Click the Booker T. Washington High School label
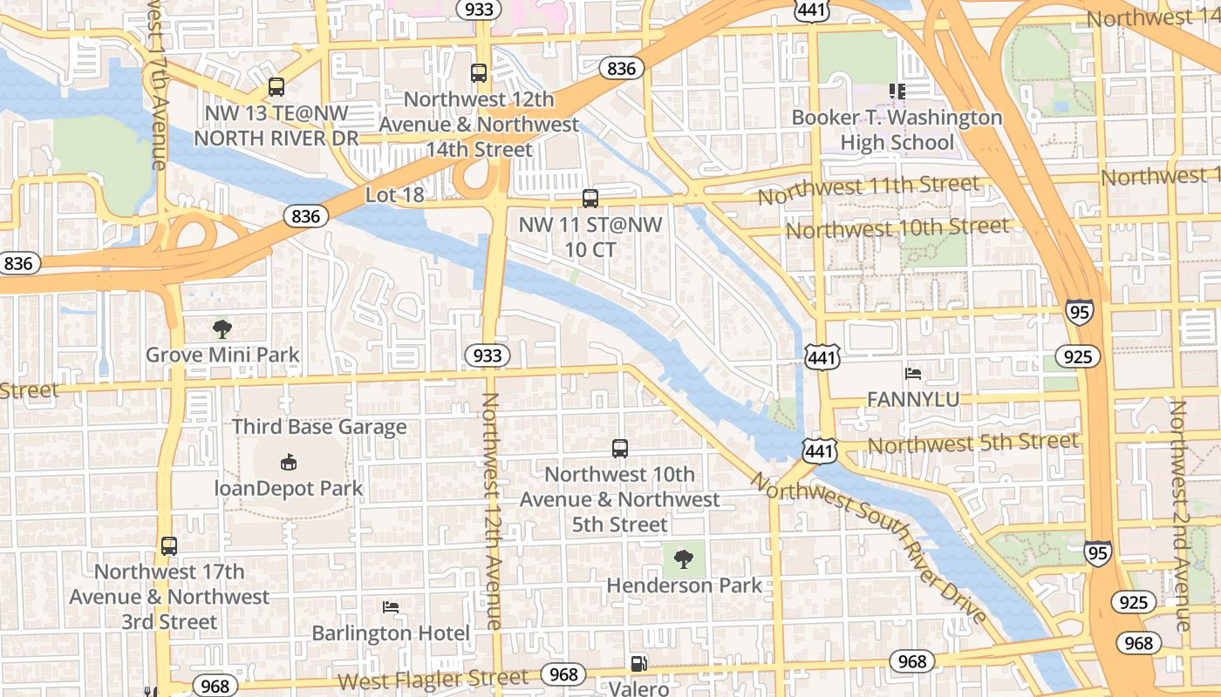tap(897, 129)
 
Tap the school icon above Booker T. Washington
tap(897, 91)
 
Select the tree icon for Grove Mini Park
tap(222, 329)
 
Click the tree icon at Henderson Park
tap(684, 558)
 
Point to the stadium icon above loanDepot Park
tap(289, 462)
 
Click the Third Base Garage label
tap(319, 427)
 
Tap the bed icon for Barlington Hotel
tap(391, 607)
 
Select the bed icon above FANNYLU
tap(913, 374)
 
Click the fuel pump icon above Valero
tap(639, 664)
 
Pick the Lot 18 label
tap(394, 194)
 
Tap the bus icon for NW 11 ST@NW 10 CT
tap(590, 199)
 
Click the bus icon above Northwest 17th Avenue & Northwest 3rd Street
tap(169, 546)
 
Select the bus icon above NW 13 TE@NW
tap(276, 87)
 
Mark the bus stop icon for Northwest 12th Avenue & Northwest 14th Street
tap(479, 73)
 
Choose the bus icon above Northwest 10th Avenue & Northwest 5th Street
tap(620, 449)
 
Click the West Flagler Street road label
tap(433, 679)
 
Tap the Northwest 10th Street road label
tap(897, 228)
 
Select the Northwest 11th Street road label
tap(868, 189)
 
